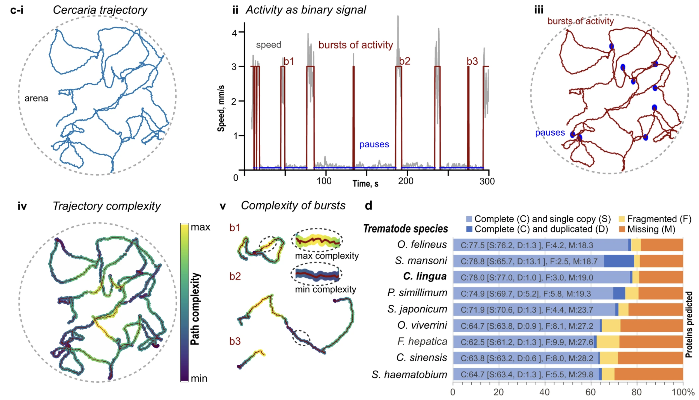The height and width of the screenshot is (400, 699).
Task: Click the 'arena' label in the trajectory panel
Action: (36, 98)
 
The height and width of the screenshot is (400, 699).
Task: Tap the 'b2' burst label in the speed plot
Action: (404, 61)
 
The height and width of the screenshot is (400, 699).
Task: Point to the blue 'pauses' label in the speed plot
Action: (374, 144)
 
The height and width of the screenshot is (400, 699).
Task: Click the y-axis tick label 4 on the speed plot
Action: (234, 33)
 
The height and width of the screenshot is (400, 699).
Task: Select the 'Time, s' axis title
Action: (365, 183)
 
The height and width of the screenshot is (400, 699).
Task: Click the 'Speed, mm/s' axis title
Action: (221, 108)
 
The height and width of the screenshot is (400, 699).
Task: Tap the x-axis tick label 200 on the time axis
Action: (405, 181)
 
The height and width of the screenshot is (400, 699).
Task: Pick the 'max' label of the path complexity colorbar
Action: (200, 227)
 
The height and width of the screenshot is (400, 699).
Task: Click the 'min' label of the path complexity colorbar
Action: (199, 378)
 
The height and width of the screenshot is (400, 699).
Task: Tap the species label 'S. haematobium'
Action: (409, 374)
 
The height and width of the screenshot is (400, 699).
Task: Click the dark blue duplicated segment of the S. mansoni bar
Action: (619, 261)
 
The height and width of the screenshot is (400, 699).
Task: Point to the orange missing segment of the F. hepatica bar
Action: (651, 342)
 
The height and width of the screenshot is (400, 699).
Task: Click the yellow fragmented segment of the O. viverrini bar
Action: (611, 326)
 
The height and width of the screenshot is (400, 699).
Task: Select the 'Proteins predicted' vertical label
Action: (689, 324)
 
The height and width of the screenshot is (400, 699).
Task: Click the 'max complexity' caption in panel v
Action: (327, 256)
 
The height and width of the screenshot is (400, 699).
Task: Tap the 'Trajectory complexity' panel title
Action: (107, 206)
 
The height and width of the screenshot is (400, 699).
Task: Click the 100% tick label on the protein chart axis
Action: (683, 392)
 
